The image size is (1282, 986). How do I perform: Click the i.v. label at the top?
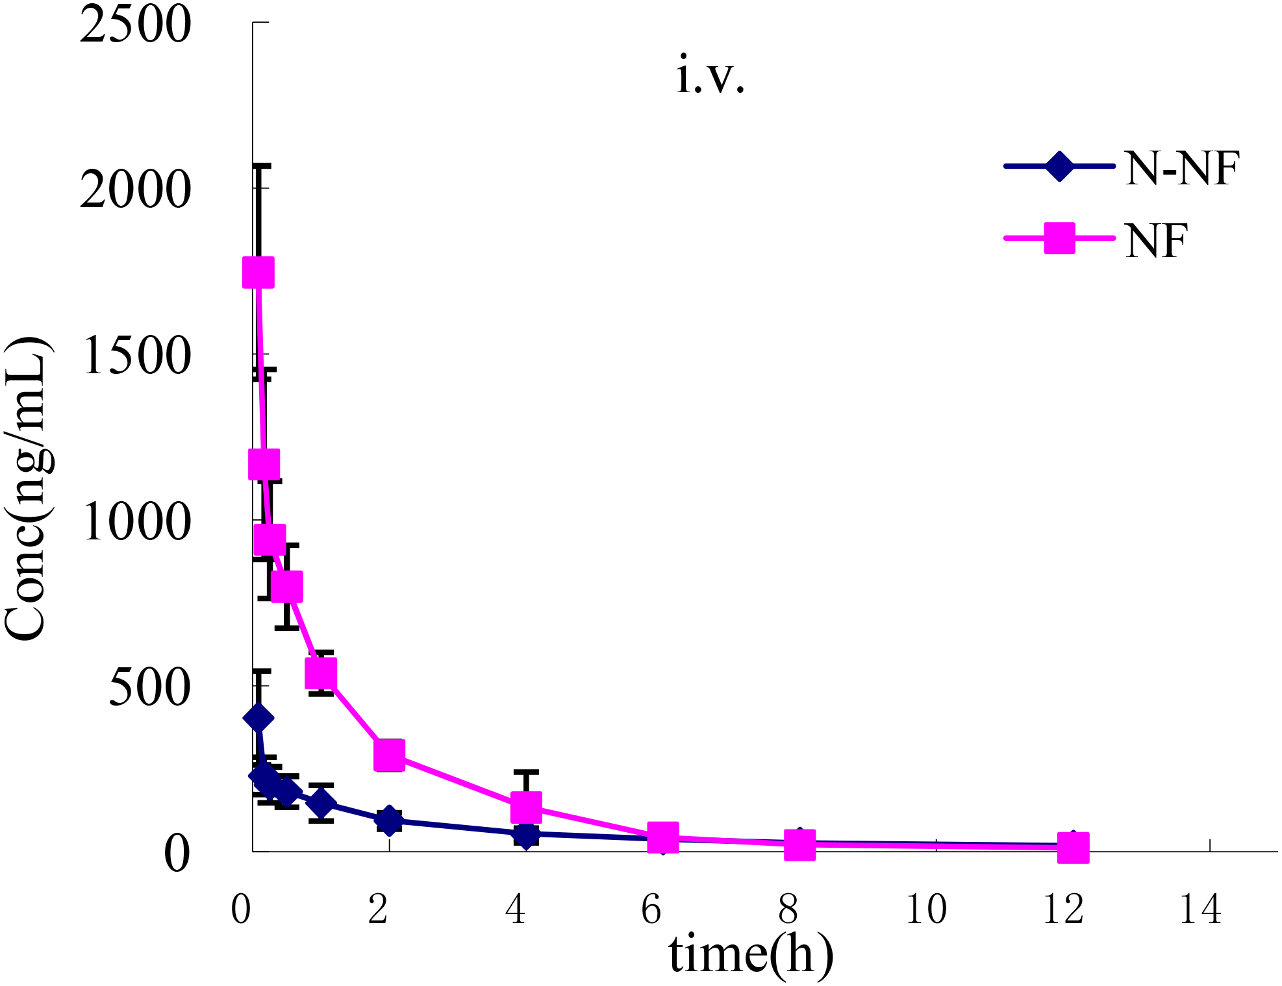(710, 75)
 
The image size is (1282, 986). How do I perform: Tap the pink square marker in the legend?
(1059, 238)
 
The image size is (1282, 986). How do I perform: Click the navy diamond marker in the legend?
(1059, 167)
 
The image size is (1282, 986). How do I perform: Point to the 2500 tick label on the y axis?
(135, 25)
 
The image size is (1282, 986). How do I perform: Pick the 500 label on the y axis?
(149, 687)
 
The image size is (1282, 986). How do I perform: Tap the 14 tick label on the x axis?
(1200, 909)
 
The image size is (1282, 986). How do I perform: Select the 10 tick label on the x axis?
(925, 909)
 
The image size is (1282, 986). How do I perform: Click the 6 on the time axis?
(651, 909)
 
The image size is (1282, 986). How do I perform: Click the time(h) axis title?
(751, 954)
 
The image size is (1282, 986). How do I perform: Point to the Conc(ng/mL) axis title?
(26, 488)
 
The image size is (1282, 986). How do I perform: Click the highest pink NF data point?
(258, 272)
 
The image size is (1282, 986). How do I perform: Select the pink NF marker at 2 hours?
(389, 754)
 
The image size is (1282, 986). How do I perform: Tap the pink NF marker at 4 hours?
(526, 807)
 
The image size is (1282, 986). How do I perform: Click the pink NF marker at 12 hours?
(1073, 848)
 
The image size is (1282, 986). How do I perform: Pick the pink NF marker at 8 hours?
(799, 845)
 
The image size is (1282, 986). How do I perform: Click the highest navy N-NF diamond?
(258, 718)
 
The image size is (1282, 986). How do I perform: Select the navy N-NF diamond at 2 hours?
(389, 820)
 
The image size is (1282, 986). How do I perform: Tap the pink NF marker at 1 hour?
(321, 672)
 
